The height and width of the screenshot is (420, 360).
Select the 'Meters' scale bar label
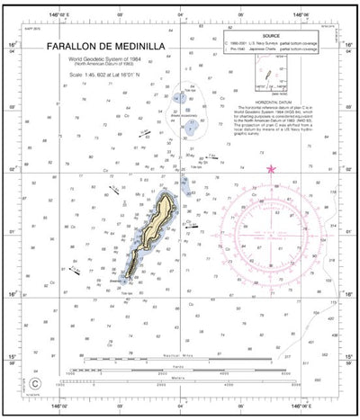pos(184,378)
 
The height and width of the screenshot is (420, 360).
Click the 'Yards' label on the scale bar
pos(184,367)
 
